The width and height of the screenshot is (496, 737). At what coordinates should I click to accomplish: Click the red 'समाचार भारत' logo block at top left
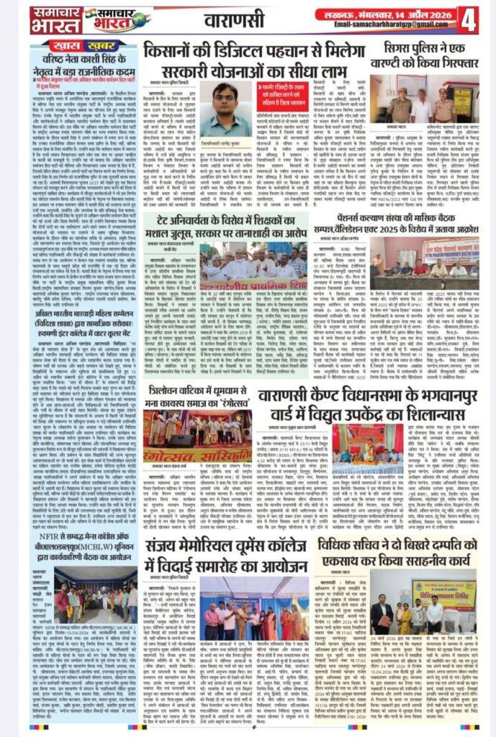click(x=56, y=19)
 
